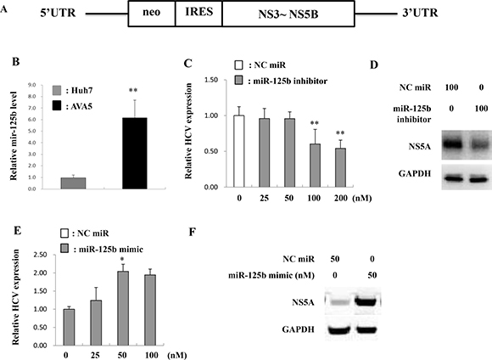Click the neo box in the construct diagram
(152, 14)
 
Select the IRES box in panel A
(199, 14)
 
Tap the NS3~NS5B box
(288, 14)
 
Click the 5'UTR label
(58, 14)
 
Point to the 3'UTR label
(420, 13)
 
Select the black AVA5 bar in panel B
(135, 154)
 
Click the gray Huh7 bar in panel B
(73, 183)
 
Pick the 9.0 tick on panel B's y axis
(32, 85)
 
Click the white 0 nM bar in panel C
(239, 151)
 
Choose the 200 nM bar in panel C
(340, 168)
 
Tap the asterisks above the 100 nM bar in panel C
(315, 123)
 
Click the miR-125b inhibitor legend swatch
(238, 81)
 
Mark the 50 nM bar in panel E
(123, 308)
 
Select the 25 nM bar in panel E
(96, 323)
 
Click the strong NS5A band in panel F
(366, 302)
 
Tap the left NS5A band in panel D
(452, 144)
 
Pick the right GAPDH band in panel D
(478, 179)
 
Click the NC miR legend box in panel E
(64, 233)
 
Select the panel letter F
(193, 232)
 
